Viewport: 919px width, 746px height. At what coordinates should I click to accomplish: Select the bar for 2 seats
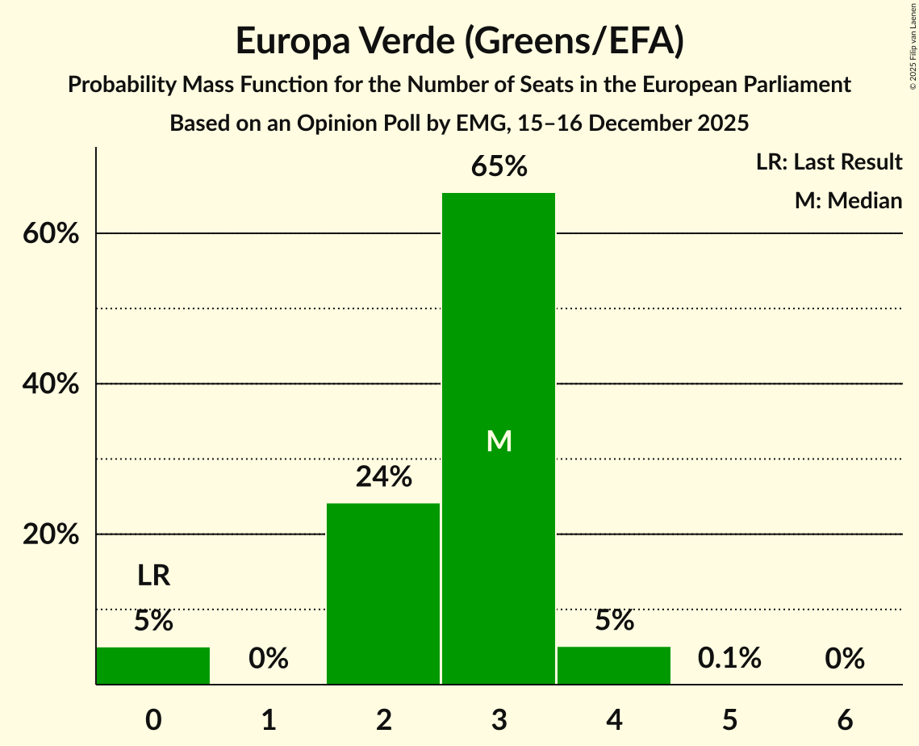click(383, 593)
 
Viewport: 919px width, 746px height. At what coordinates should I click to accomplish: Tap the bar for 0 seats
click(153, 665)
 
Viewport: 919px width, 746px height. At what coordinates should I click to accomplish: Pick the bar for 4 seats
click(614, 665)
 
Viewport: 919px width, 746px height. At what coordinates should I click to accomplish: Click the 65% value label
click(499, 167)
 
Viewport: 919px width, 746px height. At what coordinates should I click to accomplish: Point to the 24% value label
click(384, 477)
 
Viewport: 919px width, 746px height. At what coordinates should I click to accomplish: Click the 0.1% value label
click(729, 658)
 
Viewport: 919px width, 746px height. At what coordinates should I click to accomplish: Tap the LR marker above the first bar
click(153, 576)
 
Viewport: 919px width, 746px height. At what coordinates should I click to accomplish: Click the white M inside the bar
click(499, 441)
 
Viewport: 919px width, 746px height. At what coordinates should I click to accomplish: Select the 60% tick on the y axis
click(50, 234)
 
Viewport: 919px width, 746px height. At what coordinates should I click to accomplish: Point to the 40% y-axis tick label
click(50, 384)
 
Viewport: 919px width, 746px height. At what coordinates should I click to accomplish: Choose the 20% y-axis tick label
click(50, 534)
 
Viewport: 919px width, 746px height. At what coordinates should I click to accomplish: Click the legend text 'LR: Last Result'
click(829, 162)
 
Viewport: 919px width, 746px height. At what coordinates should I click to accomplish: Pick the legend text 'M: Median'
click(848, 200)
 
